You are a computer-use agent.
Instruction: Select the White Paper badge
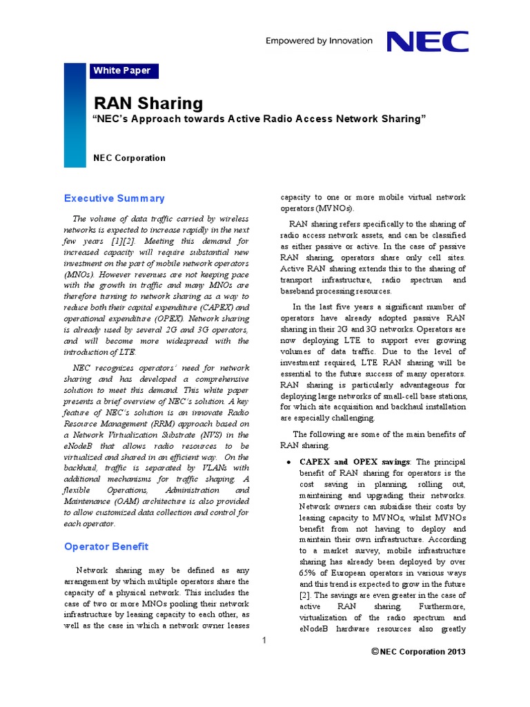[121, 70]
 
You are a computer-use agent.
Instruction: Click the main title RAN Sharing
[148, 104]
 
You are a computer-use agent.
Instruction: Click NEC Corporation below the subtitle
[130, 158]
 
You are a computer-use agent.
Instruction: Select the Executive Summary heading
[114, 199]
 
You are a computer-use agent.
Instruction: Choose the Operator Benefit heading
[106, 547]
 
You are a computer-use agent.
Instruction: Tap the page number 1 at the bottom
[264, 641]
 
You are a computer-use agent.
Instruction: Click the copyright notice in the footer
[418, 652]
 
